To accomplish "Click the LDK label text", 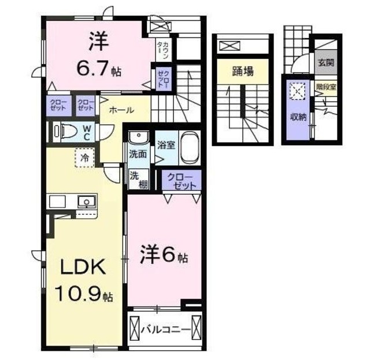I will pyautogui.click(x=80, y=268).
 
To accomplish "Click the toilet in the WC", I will pyautogui.click(x=63, y=131).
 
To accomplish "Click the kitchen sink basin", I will pyautogui.click(x=87, y=202).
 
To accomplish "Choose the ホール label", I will pyautogui.click(x=121, y=110).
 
